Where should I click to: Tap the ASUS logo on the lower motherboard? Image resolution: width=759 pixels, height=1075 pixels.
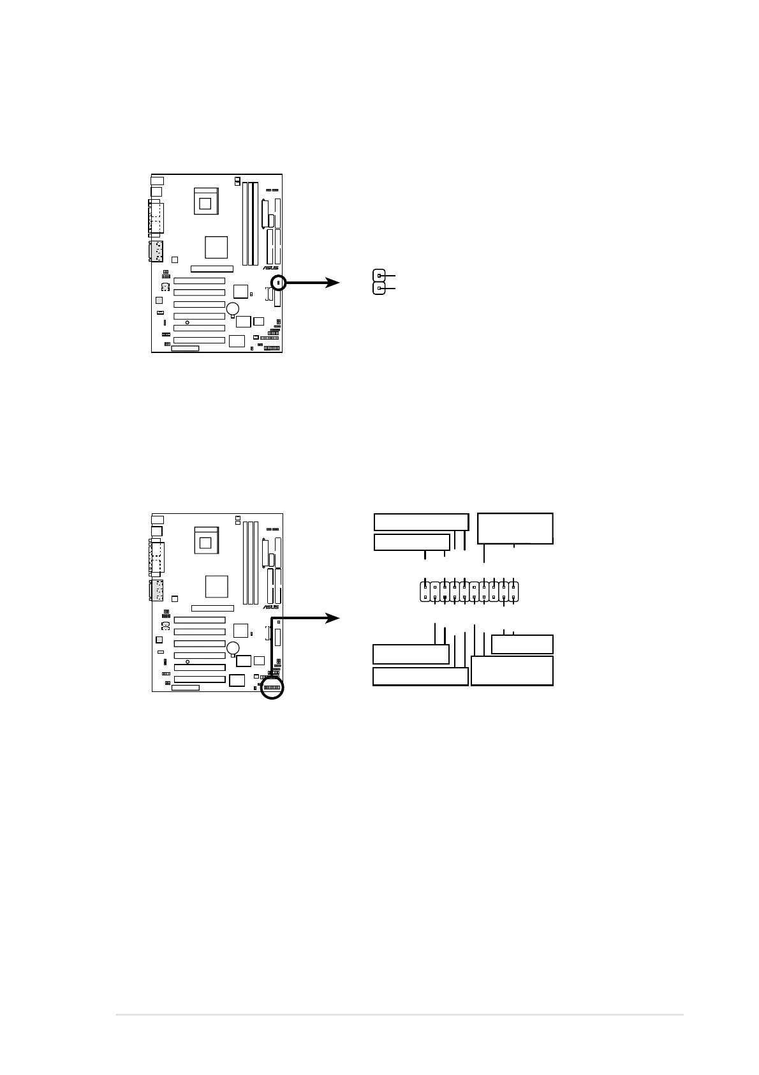[271, 607]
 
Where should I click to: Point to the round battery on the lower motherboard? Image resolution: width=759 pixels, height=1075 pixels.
[234, 648]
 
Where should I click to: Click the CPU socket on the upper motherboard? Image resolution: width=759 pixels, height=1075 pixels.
[205, 202]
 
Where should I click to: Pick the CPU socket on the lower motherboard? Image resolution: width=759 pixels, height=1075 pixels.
[205, 541]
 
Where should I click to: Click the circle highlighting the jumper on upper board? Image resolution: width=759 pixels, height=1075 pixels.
[279, 282]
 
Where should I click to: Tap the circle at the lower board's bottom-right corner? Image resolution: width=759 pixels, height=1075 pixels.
[272, 689]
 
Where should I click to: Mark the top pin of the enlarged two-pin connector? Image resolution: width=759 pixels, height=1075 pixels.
[379, 275]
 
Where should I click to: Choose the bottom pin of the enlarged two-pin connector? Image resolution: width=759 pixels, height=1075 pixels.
[379, 289]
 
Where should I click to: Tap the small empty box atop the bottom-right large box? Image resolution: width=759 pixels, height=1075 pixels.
[522, 644]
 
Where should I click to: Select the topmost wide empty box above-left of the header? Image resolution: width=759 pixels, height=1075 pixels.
[421, 522]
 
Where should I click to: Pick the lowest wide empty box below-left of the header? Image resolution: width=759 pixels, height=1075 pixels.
[420, 677]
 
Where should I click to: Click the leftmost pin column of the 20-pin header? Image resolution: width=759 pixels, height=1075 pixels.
[425, 590]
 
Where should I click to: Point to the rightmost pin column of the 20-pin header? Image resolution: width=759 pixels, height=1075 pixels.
[513, 590]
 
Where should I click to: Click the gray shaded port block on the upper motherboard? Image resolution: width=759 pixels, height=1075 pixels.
[156, 252]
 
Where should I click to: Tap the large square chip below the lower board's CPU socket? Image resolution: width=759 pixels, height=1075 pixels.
[217, 585]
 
